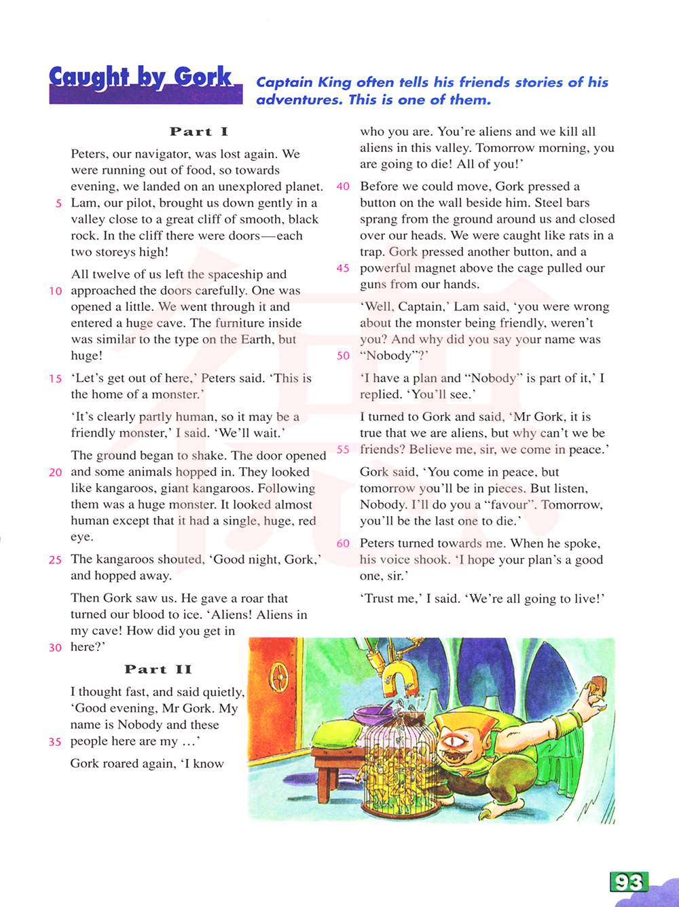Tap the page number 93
pyautogui.click(x=629, y=882)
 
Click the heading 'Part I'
pyautogui.click(x=199, y=132)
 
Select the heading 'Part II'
pyautogui.click(x=158, y=669)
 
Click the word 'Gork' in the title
pyautogui.click(x=203, y=77)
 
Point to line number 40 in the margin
pyautogui.click(x=343, y=187)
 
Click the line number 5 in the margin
pyautogui.click(x=59, y=203)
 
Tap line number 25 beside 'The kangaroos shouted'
pyautogui.click(x=55, y=560)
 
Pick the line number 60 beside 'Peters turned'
pyautogui.click(x=343, y=544)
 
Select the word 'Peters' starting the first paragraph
pyautogui.click(x=89, y=154)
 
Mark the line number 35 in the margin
pyautogui.click(x=55, y=742)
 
